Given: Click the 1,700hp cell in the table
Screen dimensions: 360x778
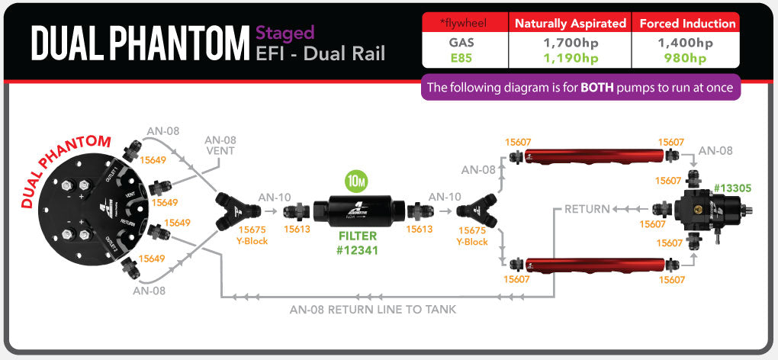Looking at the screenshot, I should coord(571,43).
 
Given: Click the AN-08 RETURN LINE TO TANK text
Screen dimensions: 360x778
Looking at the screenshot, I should coord(373,310).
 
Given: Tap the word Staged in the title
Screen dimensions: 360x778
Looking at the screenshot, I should coord(285,33).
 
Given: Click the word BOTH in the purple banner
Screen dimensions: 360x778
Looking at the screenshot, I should coord(602,87).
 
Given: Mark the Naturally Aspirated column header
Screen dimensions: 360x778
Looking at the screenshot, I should coord(571,24).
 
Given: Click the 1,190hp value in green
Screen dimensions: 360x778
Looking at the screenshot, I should coord(571,58).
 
